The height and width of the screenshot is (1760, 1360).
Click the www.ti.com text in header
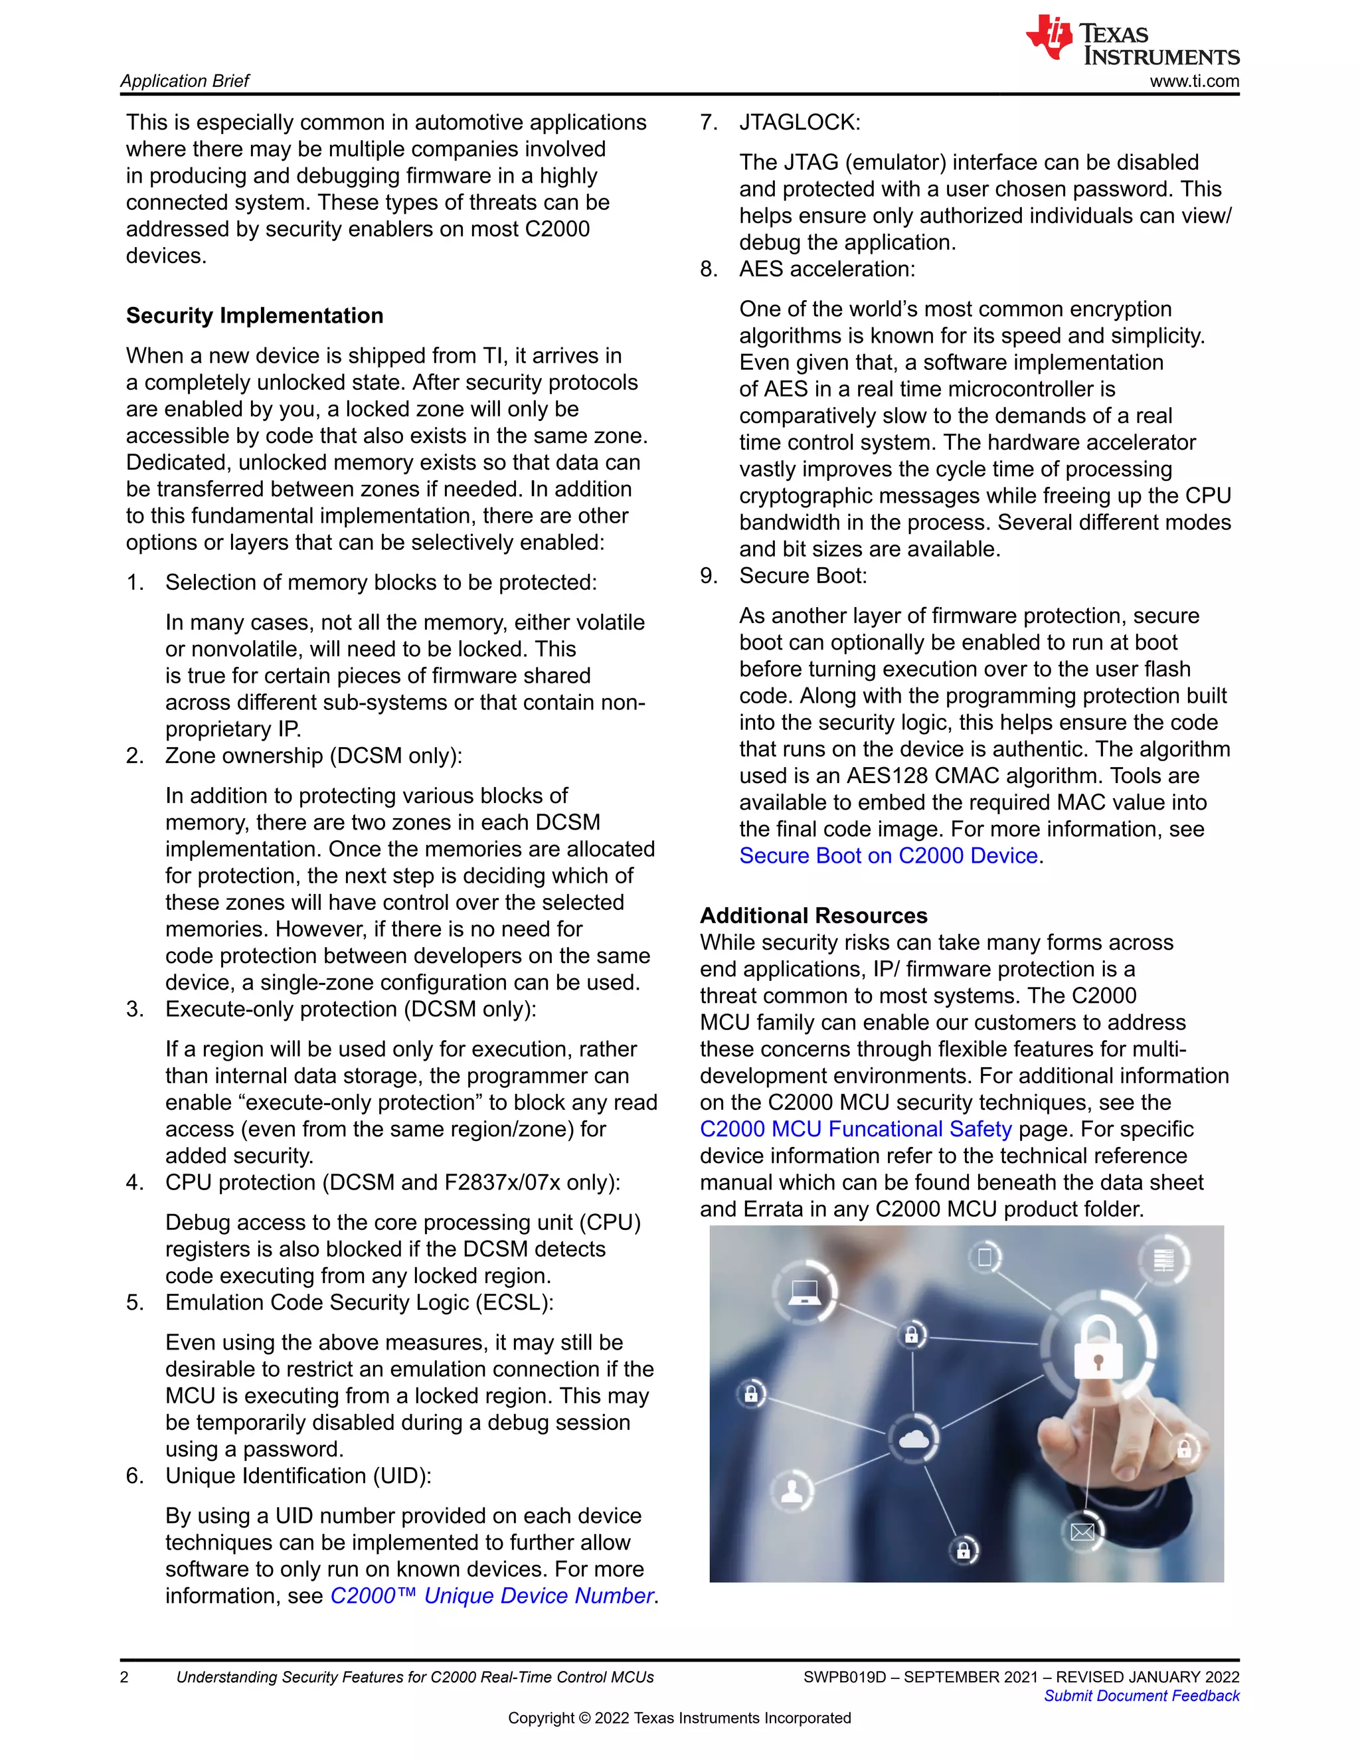[x=1194, y=82]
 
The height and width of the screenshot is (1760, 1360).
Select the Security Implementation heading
[x=254, y=316]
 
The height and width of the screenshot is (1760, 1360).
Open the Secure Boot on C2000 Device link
[x=888, y=856]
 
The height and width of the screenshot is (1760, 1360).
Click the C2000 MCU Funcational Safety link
[x=855, y=1129]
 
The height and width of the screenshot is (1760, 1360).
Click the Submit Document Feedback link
[x=1141, y=1696]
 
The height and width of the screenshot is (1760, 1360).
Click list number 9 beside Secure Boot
[x=707, y=576]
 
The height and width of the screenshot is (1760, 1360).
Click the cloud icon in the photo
[x=913, y=1439]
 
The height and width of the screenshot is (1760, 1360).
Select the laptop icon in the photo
[x=804, y=1292]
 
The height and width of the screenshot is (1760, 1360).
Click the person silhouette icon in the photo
[x=792, y=1490]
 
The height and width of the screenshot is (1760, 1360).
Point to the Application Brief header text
[x=185, y=82]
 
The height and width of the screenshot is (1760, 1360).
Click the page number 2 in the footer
[x=124, y=1677]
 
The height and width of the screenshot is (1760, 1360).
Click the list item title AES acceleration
[x=827, y=269]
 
